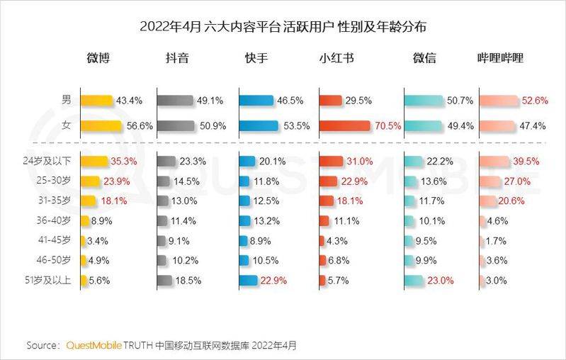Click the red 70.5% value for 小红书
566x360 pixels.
tap(388, 126)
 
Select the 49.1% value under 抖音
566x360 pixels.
tap(212, 101)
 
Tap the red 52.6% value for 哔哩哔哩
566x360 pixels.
tap(536, 101)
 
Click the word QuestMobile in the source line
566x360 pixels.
tap(94, 346)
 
